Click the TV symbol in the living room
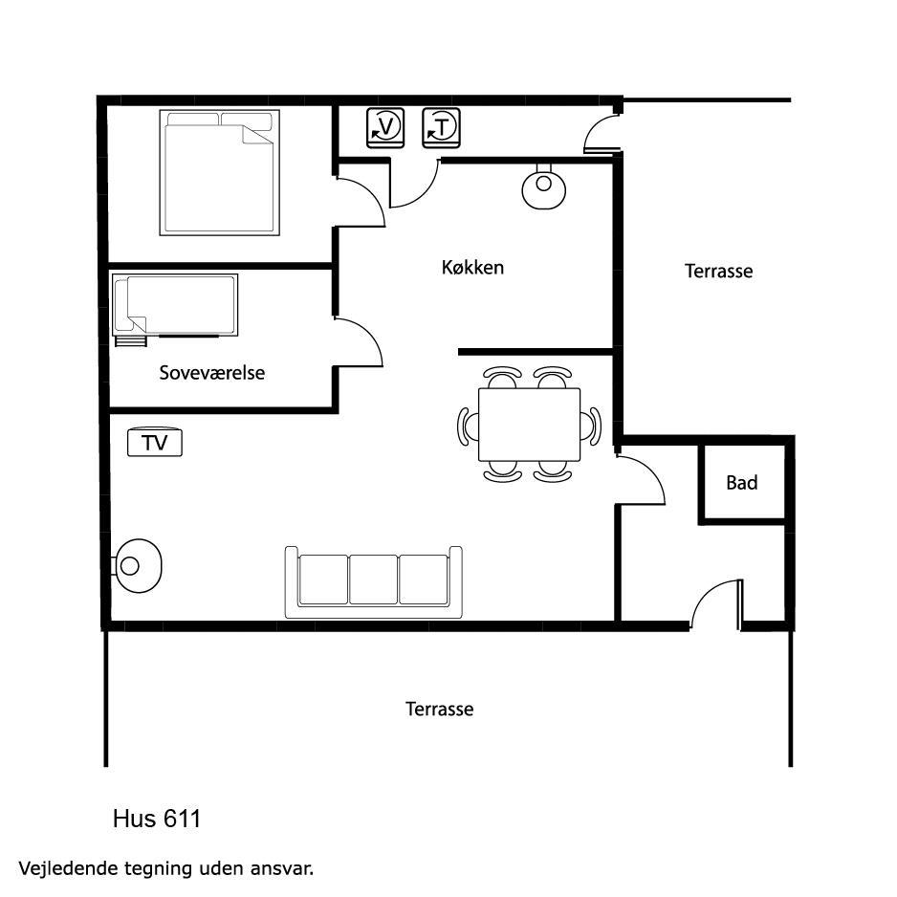155,442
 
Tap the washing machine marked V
385,127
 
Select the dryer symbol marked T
441,127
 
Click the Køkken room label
472,267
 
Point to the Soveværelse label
211,373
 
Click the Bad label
742,483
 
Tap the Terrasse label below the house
439,710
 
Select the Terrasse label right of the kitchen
718,271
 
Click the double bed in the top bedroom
220,172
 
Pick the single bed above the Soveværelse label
175,305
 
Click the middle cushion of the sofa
374,579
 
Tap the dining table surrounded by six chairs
529,424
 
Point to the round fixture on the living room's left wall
138,566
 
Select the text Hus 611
157,819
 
